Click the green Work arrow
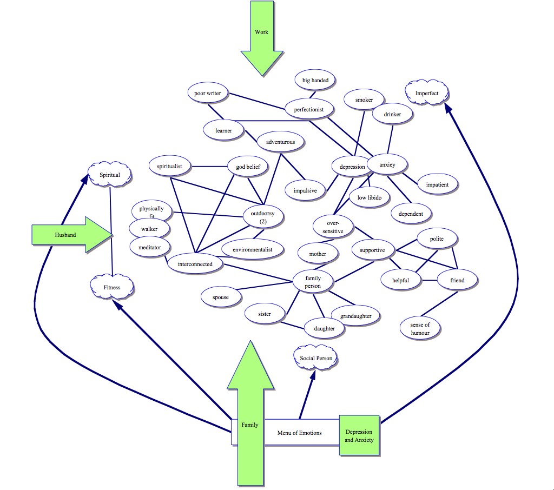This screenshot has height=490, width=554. coord(262,38)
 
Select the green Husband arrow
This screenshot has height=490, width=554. coord(68,235)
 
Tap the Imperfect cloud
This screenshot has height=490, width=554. coord(427,94)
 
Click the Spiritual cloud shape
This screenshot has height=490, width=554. coord(110,175)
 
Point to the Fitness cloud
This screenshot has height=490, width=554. coord(112,287)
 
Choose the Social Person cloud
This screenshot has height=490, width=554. coord(316,358)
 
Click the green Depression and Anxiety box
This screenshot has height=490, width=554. coord(359,436)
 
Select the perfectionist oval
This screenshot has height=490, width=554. coord(309,109)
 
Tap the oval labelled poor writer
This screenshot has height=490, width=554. coord(208,94)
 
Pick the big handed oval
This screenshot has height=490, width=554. coord(315,80)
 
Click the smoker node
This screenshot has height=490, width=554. coord(364,100)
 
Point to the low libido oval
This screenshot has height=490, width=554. coord(370,197)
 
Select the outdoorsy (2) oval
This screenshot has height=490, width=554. coord(263,217)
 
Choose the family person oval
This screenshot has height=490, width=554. coord(313,282)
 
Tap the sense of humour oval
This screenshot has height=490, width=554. coord(420,328)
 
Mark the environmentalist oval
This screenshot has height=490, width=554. coord(252,249)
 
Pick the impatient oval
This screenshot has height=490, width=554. coord(437,184)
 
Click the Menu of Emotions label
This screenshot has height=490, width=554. coord(299,433)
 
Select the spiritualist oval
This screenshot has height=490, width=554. coord(170,167)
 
